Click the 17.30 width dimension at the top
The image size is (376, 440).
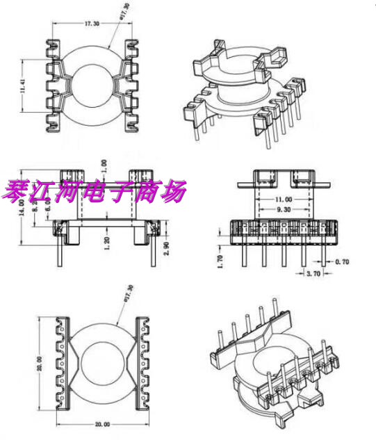tap(92, 23)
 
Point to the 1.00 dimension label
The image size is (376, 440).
tap(105, 167)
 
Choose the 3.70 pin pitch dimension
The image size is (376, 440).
tap(313, 275)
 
